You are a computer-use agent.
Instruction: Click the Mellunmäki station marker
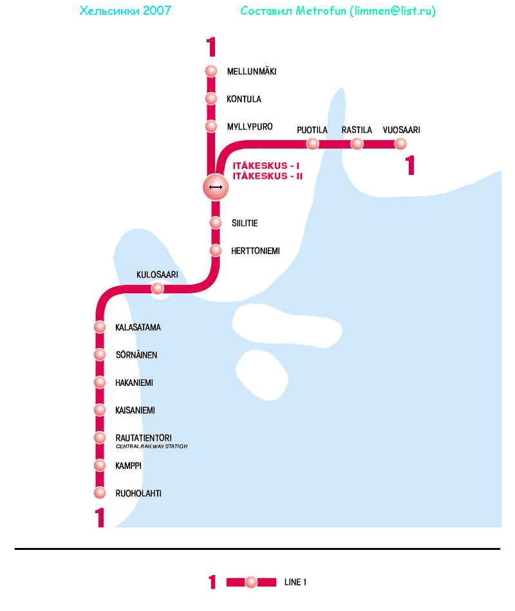211,71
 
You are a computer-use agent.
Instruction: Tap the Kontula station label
244,99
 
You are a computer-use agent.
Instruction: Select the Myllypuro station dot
211,126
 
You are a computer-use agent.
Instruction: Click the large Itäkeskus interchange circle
216,187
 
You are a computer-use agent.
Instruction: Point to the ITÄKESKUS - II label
267,176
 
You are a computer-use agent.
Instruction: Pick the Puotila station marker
313,143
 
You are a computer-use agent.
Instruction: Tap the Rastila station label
357,130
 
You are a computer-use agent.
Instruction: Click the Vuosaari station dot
401,143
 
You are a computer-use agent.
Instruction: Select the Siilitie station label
245,223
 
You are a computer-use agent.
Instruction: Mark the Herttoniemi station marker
216,250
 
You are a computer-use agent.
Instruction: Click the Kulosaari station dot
158,289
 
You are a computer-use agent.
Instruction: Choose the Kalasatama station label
138,327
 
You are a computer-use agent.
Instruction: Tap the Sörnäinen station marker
100,354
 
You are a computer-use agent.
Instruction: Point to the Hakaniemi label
134,383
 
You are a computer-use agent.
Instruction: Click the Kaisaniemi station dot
100,410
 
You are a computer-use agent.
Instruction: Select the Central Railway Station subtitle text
151,446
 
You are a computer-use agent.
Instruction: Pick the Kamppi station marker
100,465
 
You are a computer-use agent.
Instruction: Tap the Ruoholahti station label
138,493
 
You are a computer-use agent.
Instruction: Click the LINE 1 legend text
295,583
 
